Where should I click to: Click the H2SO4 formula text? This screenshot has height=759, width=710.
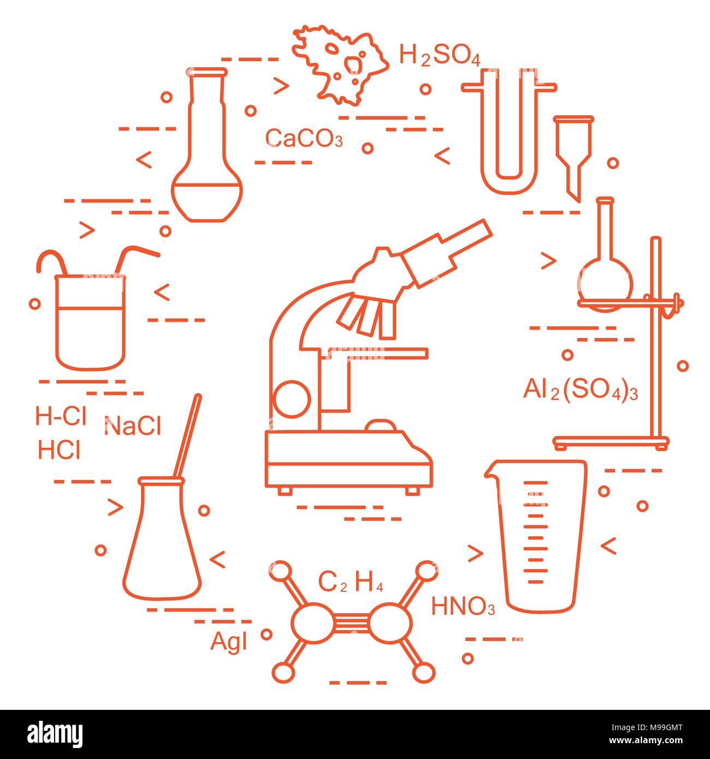click(x=440, y=56)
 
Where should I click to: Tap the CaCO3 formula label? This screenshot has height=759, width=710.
click(x=304, y=138)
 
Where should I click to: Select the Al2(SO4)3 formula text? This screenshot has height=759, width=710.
click(x=580, y=391)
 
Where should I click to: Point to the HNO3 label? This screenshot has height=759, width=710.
click(x=463, y=607)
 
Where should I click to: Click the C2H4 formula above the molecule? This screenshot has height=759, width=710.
click(x=351, y=583)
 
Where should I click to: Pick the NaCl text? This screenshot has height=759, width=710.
click(x=132, y=426)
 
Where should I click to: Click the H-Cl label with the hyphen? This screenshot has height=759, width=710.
click(x=61, y=417)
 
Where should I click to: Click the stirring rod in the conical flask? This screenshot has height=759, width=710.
click(x=187, y=437)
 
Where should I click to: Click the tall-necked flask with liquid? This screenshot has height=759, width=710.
click(x=207, y=164)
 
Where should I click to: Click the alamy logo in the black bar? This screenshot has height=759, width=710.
click(x=55, y=734)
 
